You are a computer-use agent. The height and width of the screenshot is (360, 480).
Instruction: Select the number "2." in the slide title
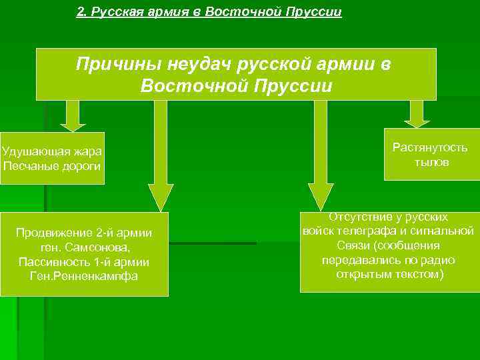(82, 13)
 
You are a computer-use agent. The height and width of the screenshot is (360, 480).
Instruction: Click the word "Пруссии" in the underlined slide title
(313, 13)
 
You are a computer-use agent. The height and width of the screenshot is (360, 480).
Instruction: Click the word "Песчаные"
(27, 165)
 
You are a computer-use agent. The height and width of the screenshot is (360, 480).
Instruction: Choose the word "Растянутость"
(430, 147)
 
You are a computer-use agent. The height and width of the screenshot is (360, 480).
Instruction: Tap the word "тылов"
(431, 162)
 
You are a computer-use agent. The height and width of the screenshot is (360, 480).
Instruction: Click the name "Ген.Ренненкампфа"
(84, 275)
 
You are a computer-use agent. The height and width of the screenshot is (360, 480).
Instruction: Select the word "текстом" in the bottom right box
(413, 274)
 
